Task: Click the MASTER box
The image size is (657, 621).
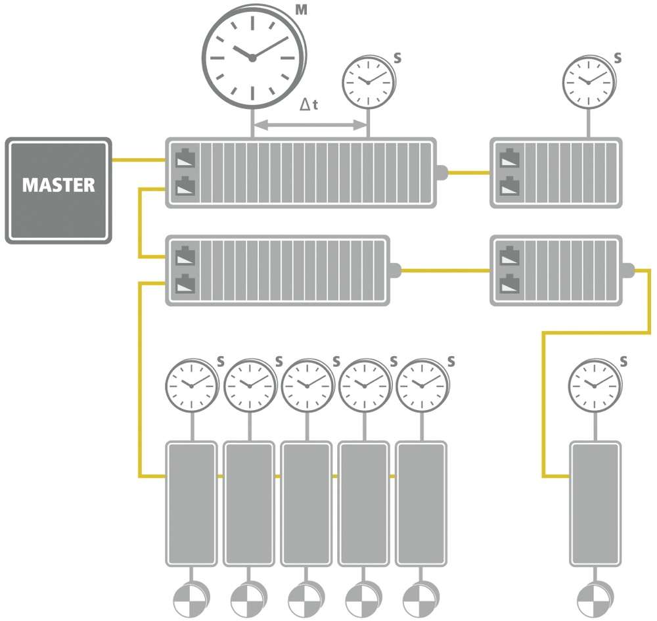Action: [58, 190]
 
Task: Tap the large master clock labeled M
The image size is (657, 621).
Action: [253, 57]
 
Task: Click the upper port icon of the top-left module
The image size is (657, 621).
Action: [185, 159]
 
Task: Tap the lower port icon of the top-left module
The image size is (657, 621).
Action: [185, 187]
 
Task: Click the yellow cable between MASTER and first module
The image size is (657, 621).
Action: [138, 159]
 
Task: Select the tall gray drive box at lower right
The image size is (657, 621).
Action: [595, 503]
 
